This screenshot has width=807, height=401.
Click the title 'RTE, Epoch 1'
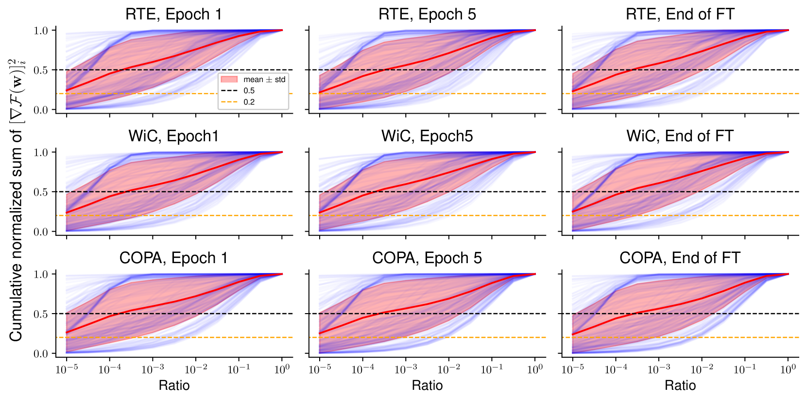tap(174, 14)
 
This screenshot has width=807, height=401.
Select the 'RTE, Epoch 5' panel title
tap(427, 14)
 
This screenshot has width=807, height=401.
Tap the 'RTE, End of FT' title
tap(680, 14)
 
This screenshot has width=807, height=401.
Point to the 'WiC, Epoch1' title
tap(174, 136)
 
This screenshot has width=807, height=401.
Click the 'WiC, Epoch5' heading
tap(427, 136)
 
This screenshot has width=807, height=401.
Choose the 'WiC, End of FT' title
tap(680, 136)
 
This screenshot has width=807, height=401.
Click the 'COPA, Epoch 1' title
tap(174, 258)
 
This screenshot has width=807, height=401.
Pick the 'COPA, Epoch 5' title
tap(427, 258)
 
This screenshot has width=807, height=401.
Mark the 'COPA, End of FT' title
tap(680, 258)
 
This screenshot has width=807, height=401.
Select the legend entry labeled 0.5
tap(249, 91)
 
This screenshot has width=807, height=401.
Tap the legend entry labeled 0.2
tap(249, 102)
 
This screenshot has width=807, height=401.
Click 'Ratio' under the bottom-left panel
tap(174, 385)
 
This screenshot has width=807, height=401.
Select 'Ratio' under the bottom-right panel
tap(680, 385)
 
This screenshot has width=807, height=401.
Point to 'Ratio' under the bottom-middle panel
tap(427, 385)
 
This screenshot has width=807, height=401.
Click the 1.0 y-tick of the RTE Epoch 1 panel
tap(41, 31)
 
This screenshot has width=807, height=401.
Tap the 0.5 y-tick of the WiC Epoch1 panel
tap(41, 192)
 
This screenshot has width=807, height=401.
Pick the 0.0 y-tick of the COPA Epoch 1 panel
tap(41, 354)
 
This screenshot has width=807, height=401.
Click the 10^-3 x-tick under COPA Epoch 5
tap(406, 369)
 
